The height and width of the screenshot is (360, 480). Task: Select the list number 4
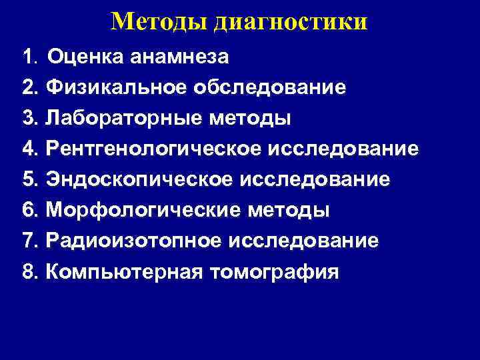28,149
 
